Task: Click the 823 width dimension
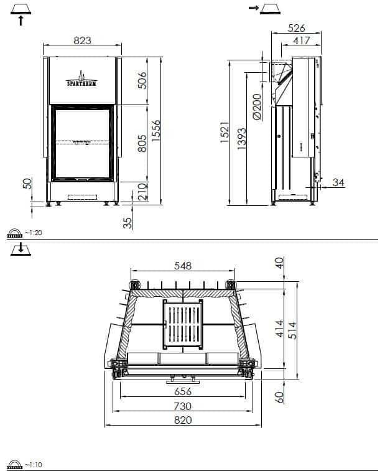pyautogui.click(x=82, y=40)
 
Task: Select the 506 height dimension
pyautogui.click(x=142, y=82)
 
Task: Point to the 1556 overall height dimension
pyautogui.click(x=157, y=131)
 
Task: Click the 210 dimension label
pyautogui.click(x=142, y=191)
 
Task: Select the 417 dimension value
pyautogui.click(x=301, y=40)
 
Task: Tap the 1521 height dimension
pyautogui.click(x=225, y=133)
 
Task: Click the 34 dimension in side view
pyautogui.click(x=338, y=182)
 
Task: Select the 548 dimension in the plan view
pyautogui.click(x=182, y=265)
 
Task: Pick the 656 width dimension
pyautogui.click(x=182, y=391)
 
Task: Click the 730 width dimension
pyautogui.click(x=182, y=406)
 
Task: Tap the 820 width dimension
pyautogui.click(x=182, y=420)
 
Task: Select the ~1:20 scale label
pyautogui.click(x=32, y=233)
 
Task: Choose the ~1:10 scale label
pyautogui.click(x=32, y=465)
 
